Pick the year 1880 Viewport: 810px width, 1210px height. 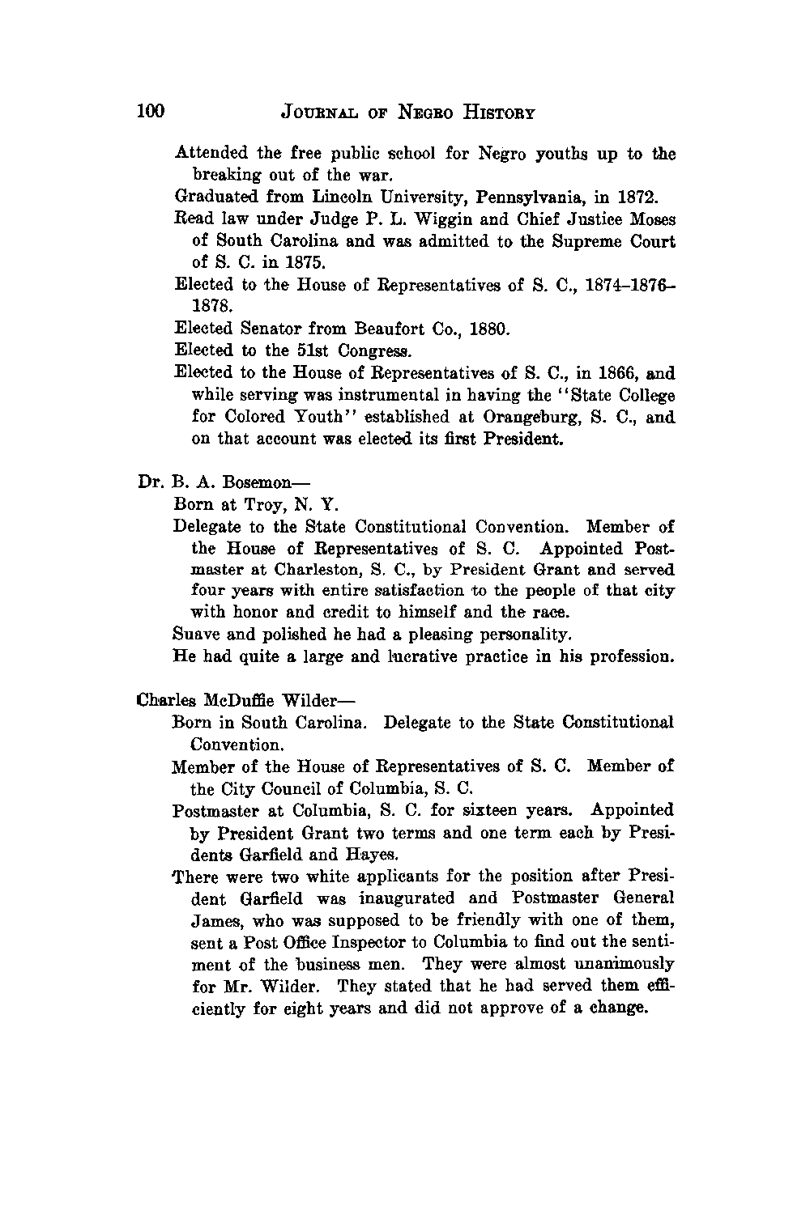(487, 329)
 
